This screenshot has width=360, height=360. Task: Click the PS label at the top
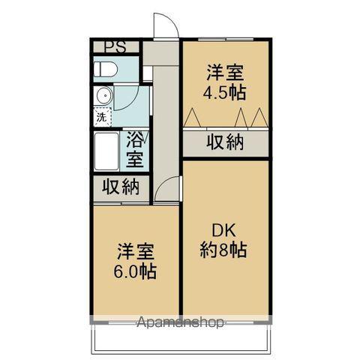coord(114,46)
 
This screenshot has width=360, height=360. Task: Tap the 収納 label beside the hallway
coord(120,187)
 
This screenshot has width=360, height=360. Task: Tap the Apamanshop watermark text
coord(180,324)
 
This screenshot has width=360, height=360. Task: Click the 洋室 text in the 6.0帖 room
coord(136,251)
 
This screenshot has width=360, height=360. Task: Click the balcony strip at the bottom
coord(180,341)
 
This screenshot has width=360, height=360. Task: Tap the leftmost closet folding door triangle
coord(192,118)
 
